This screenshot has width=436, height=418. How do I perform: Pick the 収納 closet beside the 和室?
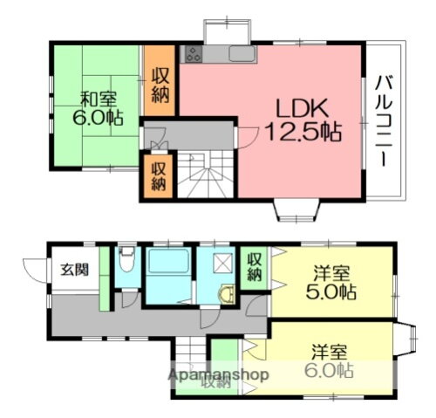[160, 86]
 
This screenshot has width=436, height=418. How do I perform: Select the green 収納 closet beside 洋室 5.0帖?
[254, 266]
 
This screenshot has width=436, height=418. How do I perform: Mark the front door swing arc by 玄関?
[35, 267]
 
